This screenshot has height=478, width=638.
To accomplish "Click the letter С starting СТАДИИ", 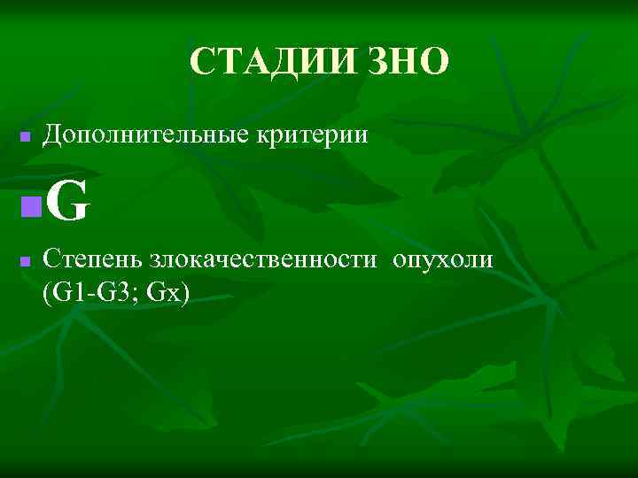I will click(x=201, y=63).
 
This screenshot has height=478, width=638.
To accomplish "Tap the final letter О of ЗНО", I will click(x=435, y=63).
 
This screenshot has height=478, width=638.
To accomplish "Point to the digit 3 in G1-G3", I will click(x=128, y=292).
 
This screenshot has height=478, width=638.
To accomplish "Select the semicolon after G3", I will click(x=139, y=294).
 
